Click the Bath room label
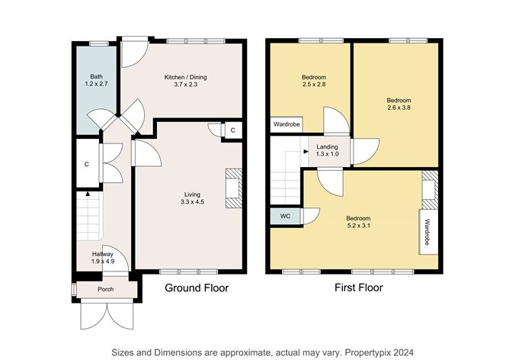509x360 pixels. tap(96, 76)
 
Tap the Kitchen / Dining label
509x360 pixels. tap(186, 77)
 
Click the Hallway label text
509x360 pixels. tap(103, 254)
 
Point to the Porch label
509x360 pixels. tap(105, 290)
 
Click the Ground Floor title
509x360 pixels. tap(197, 288)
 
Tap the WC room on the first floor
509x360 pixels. tap(285, 217)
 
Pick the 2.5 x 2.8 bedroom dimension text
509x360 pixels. tap(313, 86)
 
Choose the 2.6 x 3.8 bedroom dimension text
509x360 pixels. tap(398, 108)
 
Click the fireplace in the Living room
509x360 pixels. tap(232, 187)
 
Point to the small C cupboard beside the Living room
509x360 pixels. tap(232, 130)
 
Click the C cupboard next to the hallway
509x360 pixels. tap(87, 164)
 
